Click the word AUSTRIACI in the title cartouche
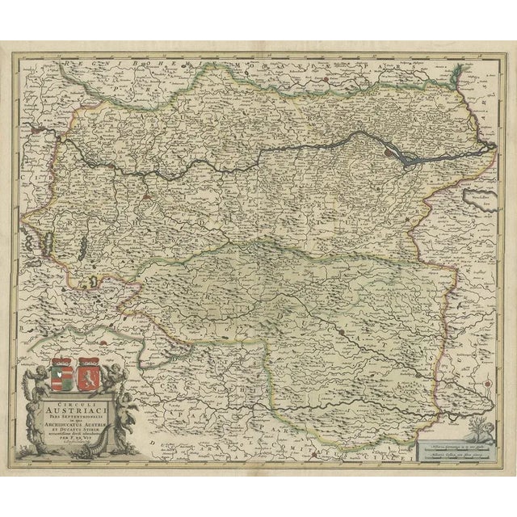tap(81, 407)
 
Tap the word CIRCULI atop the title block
tap(81, 397)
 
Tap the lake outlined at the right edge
tap(481, 199)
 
